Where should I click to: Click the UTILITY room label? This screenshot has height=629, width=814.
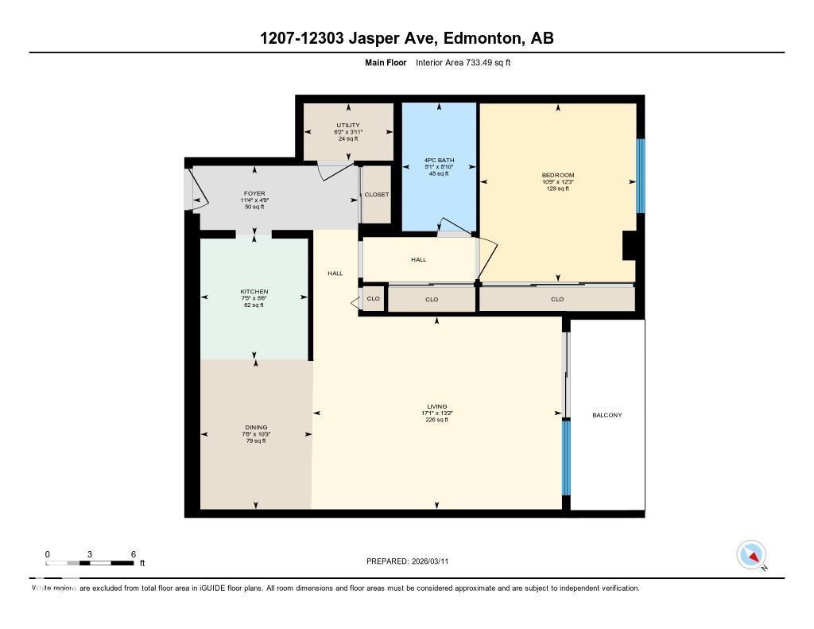pos(347,125)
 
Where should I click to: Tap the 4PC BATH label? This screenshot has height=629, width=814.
pos(439,160)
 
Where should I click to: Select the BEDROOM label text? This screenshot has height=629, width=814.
pos(557,175)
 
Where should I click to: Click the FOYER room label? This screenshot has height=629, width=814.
pos(254,193)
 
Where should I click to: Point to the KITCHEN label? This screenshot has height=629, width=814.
pos(254,292)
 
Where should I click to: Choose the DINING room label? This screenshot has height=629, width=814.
pos(255,427)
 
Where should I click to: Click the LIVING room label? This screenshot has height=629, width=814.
pos(436,406)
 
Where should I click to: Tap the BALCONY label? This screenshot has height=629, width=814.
pos(607,415)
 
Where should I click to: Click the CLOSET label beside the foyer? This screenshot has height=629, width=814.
pos(376,195)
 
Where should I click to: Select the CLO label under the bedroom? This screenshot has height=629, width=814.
pos(557,299)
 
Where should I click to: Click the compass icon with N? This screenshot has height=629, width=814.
pos(751,555)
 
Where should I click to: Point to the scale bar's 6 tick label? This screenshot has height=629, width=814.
pos(134,554)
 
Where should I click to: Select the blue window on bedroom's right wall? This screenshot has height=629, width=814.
pos(640,176)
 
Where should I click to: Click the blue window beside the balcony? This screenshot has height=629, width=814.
pos(567,457)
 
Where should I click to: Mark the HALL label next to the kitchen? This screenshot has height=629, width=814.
pos(335,274)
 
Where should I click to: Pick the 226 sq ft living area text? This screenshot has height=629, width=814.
pos(436,420)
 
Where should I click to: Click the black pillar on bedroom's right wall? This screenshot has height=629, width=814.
pos(628,246)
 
